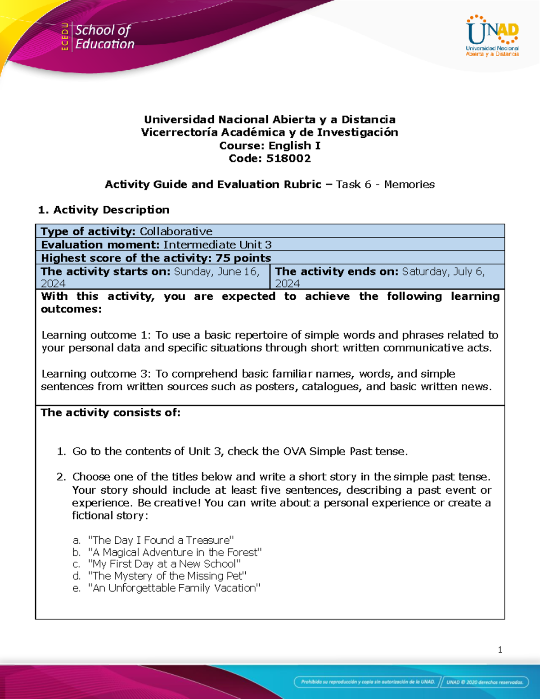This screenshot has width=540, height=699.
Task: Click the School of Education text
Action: [x=104, y=37]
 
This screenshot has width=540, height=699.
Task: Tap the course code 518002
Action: [x=288, y=158]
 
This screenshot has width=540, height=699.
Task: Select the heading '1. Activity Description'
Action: [x=103, y=210]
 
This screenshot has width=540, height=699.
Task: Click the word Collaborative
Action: [x=176, y=231]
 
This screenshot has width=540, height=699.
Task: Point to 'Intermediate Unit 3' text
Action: [x=217, y=245]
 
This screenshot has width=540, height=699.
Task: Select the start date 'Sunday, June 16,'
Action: [x=216, y=271]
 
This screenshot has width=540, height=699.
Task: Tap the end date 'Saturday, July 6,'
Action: [x=443, y=271]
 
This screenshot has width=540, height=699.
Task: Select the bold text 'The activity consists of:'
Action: [x=110, y=413]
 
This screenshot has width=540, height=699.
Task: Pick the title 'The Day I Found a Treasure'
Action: [x=161, y=540]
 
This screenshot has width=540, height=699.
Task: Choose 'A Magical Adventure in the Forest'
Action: [x=175, y=552]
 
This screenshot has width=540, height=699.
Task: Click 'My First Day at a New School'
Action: [x=164, y=564]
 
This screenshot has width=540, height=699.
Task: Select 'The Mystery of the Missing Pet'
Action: [x=167, y=576]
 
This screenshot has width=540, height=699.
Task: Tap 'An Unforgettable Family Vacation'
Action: [x=174, y=588]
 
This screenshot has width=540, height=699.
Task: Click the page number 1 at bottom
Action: [x=500, y=649]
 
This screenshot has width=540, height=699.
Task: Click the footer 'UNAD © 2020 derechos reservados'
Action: [x=484, y=682]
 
